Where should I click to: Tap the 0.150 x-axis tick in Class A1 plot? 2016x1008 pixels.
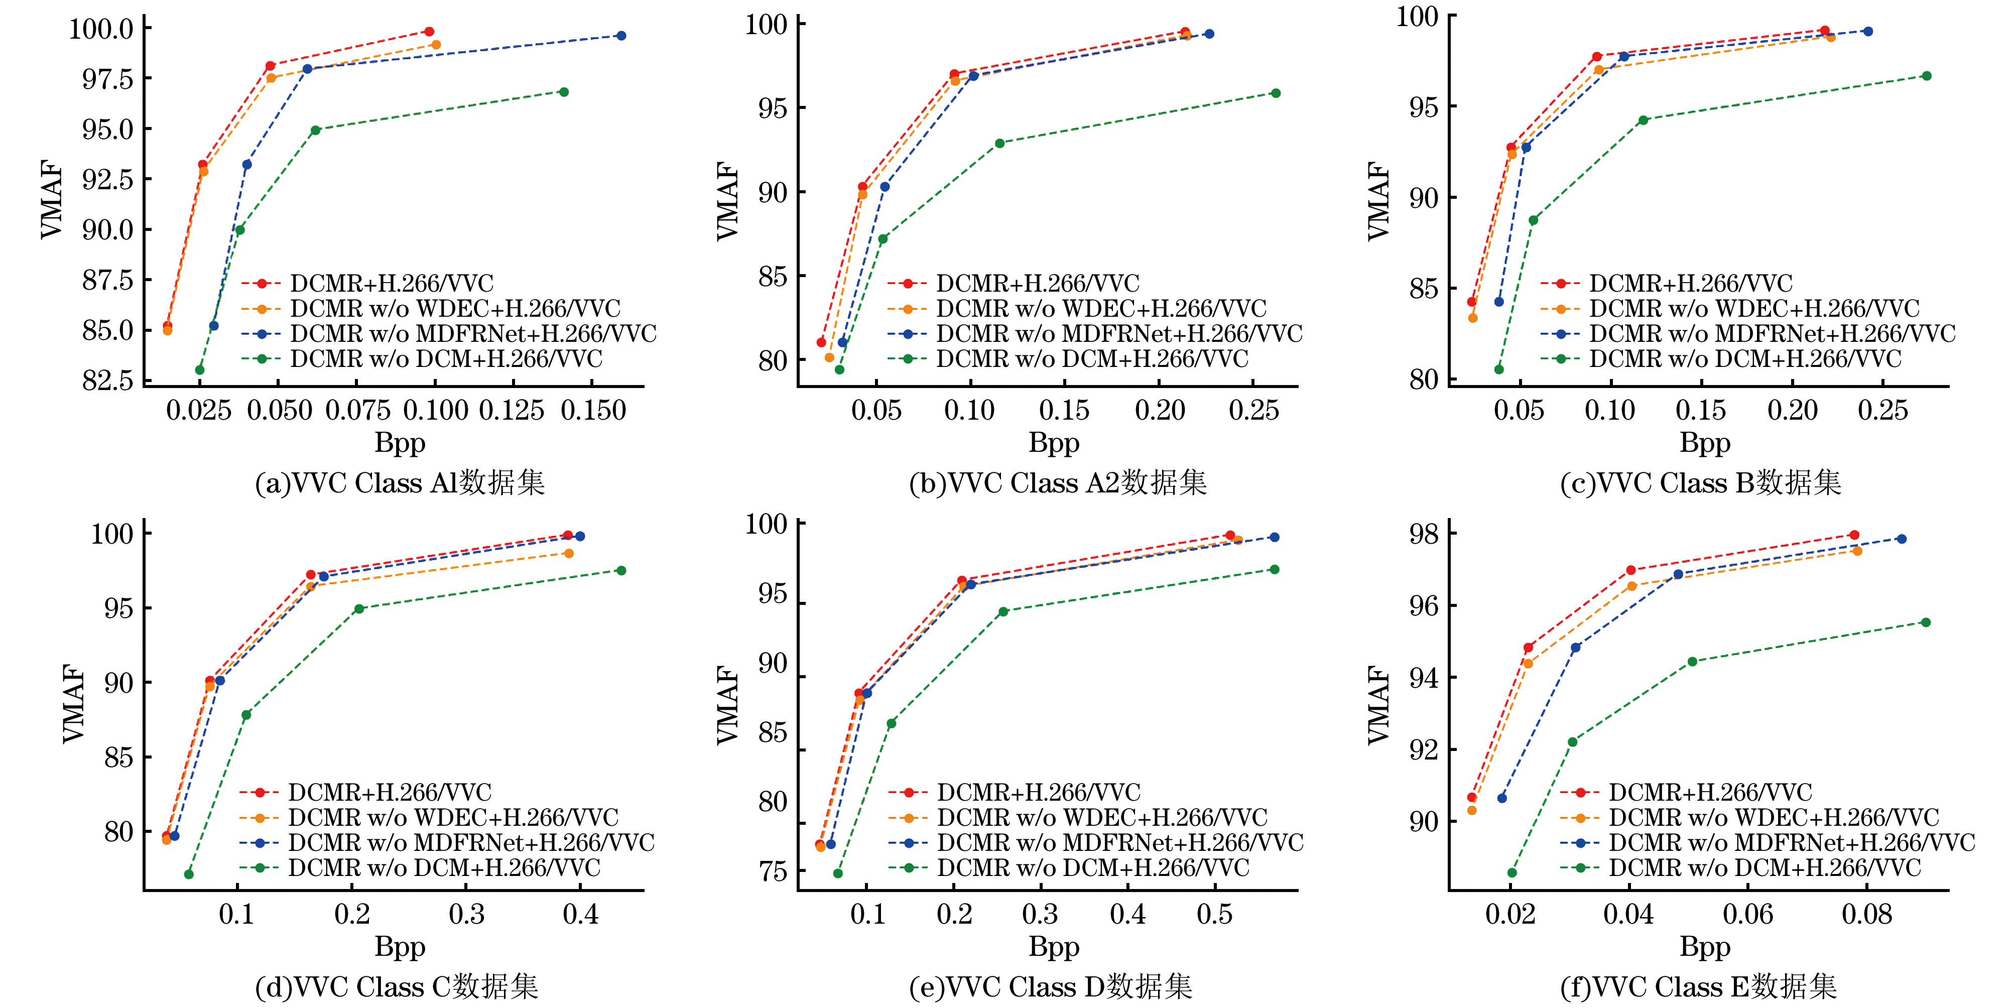[x=593, y=410]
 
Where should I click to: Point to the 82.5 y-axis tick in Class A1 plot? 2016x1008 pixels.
[x=107, y=381]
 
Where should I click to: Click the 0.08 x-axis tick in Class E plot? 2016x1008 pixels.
[x=1866, y=914]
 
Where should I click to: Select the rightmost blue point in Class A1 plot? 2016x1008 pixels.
[x=620, y=35]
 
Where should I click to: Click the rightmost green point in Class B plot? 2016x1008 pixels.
[x=1927, y=76]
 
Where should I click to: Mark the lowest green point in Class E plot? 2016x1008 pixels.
[x=1512, y=872]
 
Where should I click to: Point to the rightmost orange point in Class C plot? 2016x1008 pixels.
[x=569, y=553]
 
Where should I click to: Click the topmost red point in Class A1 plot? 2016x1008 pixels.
[x=429, y=31]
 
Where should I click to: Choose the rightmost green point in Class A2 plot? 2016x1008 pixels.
[x=1276, y=93]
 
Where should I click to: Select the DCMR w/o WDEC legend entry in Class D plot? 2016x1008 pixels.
[x=1102, y=818]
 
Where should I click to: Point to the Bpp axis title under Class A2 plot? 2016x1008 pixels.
[x=1053, y=443]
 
